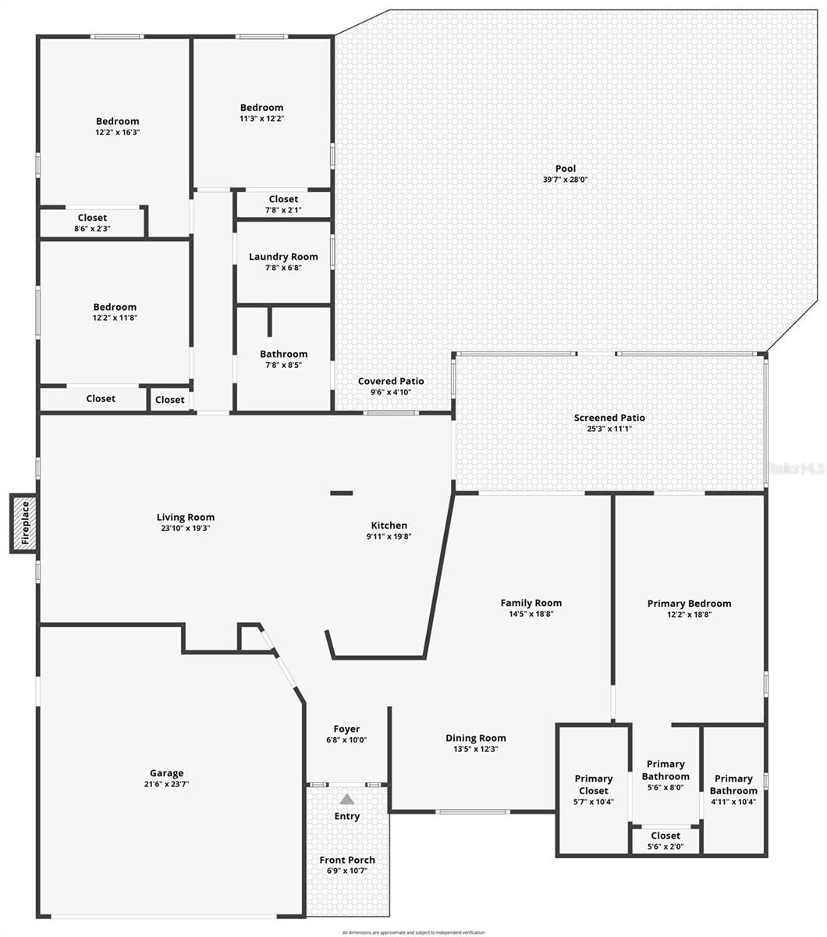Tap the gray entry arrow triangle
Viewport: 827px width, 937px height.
click(347, 799)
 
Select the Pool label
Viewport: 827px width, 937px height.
click(566, 169)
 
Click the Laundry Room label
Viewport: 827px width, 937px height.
click(283, 257)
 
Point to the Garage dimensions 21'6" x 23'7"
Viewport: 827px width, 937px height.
click(167, 784)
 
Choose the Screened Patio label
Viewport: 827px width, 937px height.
click(609, 418)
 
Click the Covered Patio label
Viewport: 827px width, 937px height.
click(391, 381)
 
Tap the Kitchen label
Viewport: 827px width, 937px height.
click(389, 526)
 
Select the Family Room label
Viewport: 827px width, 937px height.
click(531, 603)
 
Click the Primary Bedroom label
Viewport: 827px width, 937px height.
click(689, 604)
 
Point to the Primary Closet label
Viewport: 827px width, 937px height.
click(594, 784)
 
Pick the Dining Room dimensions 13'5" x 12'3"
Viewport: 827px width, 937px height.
click(476, 749)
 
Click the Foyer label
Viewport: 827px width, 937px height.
click(346, 729)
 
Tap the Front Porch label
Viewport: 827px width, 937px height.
click(347, 860)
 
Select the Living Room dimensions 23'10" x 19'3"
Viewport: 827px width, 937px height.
click(186, 528)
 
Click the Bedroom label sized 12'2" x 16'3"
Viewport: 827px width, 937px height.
click(118, 121)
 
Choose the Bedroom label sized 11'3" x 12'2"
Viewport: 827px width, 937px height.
click(261, 108)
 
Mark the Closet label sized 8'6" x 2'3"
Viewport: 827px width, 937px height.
click(92, 218)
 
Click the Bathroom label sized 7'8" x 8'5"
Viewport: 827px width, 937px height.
click(283, 354)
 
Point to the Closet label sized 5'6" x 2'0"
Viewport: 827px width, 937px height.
click(665, 835)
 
